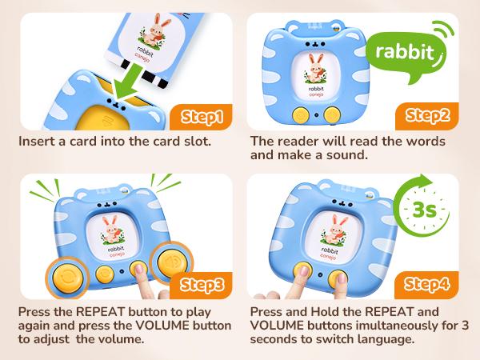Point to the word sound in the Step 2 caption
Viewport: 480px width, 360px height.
pos(346,155)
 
